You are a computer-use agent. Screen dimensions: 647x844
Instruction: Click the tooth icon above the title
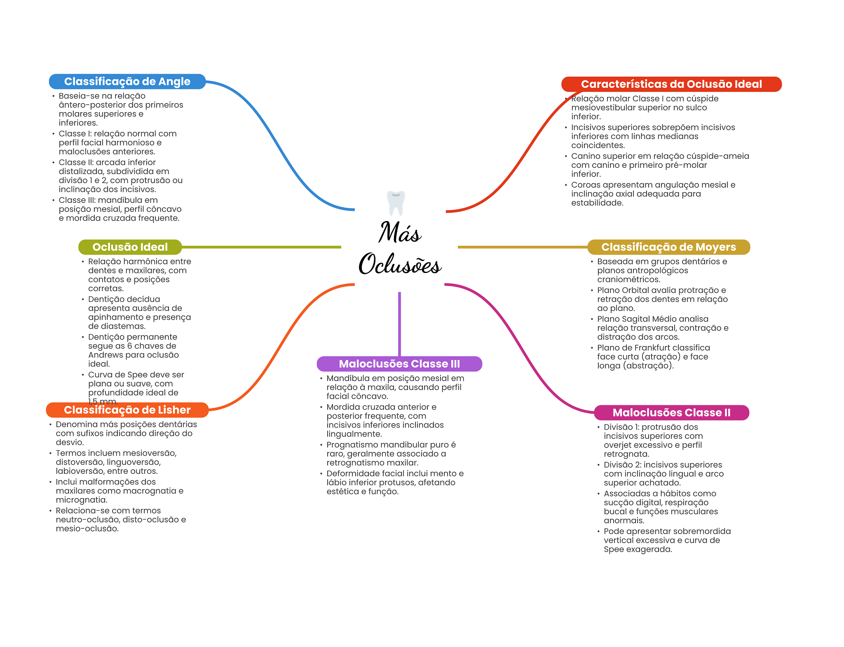pos(396,203)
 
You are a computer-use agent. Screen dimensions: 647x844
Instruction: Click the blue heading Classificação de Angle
pos(127,82)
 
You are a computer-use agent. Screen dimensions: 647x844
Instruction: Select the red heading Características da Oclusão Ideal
pos(671,84)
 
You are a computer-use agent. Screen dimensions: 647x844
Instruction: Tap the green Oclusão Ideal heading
pos(130,247)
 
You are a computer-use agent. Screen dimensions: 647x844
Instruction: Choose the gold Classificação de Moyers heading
pos(668,247)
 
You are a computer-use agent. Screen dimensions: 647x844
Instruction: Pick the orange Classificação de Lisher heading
pos(127,410)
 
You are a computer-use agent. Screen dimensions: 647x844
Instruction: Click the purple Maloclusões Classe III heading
pos(399,364)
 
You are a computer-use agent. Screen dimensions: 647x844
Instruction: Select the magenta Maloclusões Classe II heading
pos(671,412)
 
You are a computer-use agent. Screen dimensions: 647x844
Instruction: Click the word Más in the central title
pos(400,233)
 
